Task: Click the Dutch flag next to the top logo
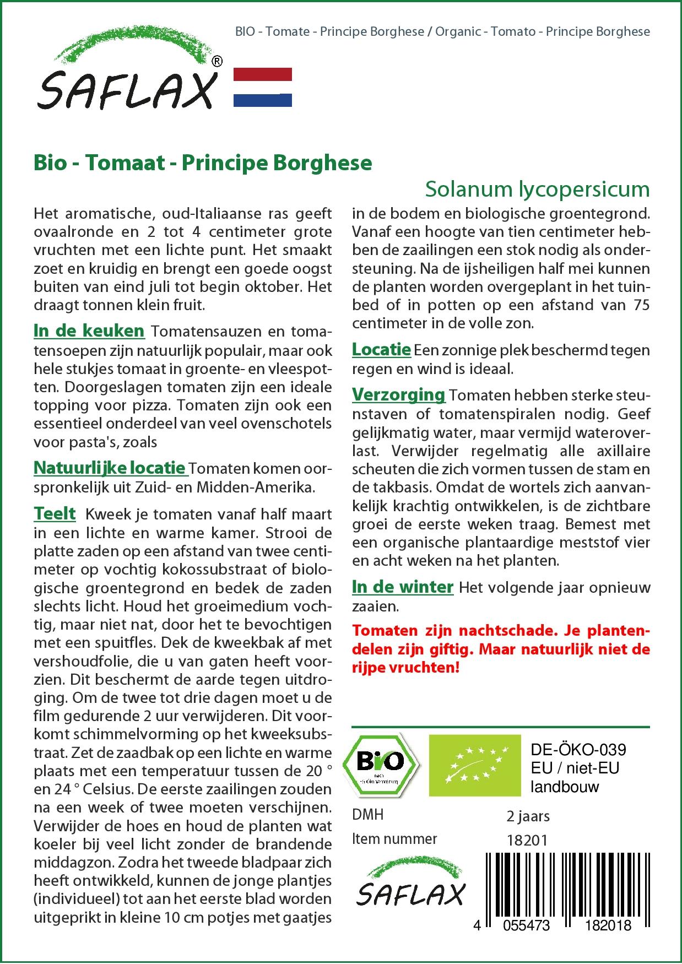click(x=263, y=87)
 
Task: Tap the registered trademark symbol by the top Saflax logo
click(x=217, y=62)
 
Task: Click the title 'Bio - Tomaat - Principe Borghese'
click(x=203, y=163)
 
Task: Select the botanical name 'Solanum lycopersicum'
click(x=537, y=189)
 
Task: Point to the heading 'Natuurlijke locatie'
click(x=110, y=468)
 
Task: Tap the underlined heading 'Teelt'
click(x=55, y=513)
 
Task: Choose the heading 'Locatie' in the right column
click(x=381, y=349)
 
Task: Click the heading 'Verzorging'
click(x=398, y=394)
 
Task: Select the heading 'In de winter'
click(x=403, y=587)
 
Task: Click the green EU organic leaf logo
click(x=475, y=765)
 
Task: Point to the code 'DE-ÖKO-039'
click(x=578, y=749)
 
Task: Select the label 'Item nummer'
click(x=394, y=839)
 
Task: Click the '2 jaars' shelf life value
click(x=528, y=816)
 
